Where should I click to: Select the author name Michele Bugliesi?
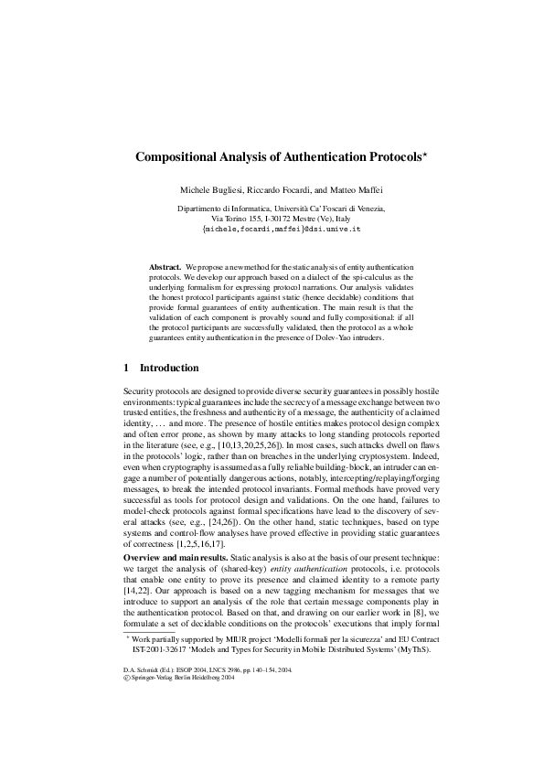point(214,188)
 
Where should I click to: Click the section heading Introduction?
point(168,369)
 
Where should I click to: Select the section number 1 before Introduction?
point(126,369)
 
